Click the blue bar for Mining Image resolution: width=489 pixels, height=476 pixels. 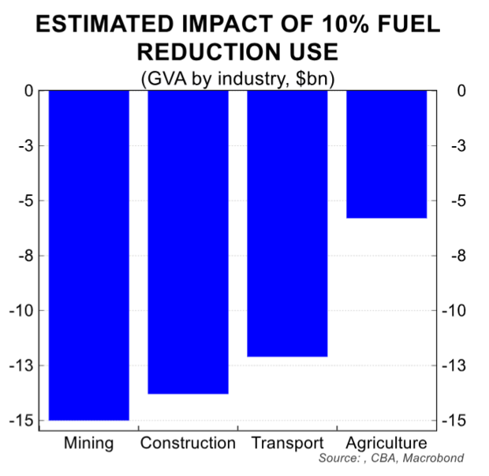coord(89,255)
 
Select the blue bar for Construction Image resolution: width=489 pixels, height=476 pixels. coord(188,242)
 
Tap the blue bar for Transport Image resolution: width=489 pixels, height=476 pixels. coord(287,223)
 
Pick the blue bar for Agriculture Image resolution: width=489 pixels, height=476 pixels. coord(386,154)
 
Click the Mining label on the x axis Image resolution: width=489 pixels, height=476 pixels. coord(88,443)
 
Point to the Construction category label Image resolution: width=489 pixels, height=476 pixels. coord(188,443)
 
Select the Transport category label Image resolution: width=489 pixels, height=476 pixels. coord(287,443)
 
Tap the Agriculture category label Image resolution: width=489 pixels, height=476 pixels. coord(386,443)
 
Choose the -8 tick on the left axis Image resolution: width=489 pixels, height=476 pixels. coord(24,256)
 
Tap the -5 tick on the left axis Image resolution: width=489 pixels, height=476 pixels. coord(24,201)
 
